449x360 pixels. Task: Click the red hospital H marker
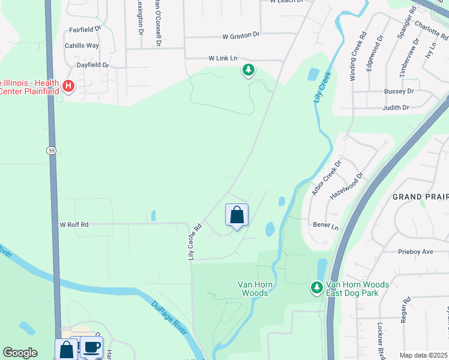(68, 87)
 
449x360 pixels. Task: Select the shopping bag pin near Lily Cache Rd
(237, 215)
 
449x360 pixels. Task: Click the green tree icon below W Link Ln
(248, 70)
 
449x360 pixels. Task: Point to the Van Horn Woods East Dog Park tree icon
(317, 289)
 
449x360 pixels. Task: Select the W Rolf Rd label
(74, 224)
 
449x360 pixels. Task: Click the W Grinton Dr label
(241, 36)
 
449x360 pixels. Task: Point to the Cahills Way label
(82, 46)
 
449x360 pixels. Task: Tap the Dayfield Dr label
(92, 65)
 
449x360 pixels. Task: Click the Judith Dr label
(396, 108)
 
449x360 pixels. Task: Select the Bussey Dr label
(399, 91)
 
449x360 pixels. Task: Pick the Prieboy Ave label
(415, 252)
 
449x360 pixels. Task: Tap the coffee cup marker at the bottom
(91, 347)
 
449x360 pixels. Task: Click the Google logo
(20, 353)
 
